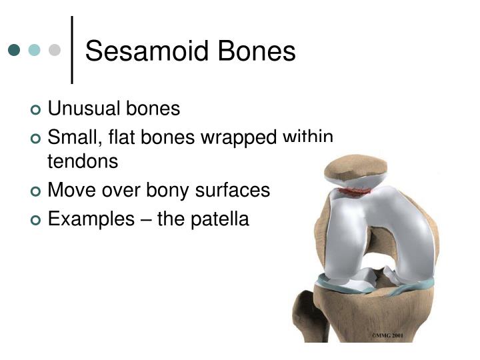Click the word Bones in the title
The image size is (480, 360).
(x=257, y=51)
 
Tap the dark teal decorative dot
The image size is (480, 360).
(x=14, y=50)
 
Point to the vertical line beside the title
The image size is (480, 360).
(x=72, y=50)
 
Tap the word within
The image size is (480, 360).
(x=307, y=137)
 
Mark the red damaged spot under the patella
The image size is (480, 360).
(x=353, y=191)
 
